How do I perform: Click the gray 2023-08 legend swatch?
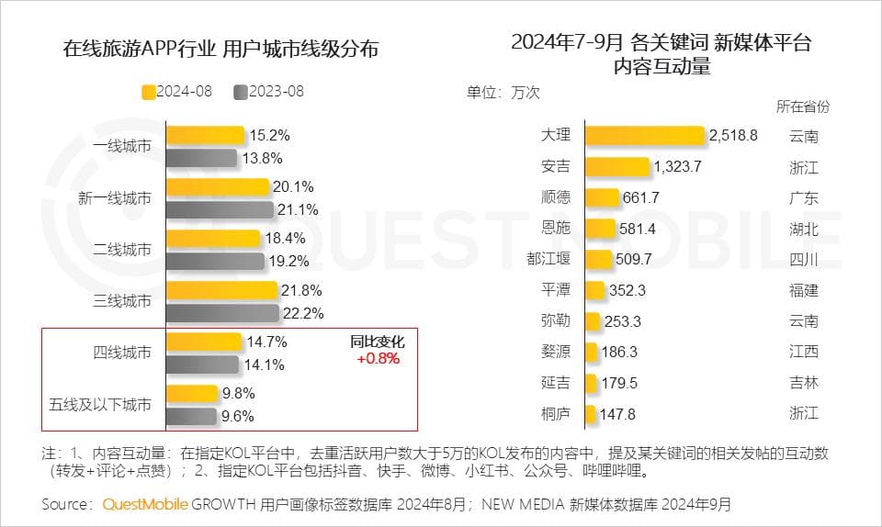click(x=241, y=91)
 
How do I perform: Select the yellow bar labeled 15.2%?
click(x=205, y=135)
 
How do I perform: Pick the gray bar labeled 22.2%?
click(x=221, y=313)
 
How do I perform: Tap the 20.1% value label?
click(x=293, y=186)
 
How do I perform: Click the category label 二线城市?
click(x=122, y=249)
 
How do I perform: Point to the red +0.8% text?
click(x=378, y=359)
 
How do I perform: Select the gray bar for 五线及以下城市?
click(x=191, y=415)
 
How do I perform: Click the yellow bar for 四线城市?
click(x=204, y=342)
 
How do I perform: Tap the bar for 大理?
click(x=644, y=136)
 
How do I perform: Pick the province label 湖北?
click(x=803, y=229)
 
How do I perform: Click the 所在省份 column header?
click(x=803, y=107)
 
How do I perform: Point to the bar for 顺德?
click(x=602, y=197)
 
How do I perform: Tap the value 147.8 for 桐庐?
click(x=617, y=414)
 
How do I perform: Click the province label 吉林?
click(x=803, y=383)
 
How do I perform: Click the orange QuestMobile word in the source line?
click(x=145, y=504)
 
